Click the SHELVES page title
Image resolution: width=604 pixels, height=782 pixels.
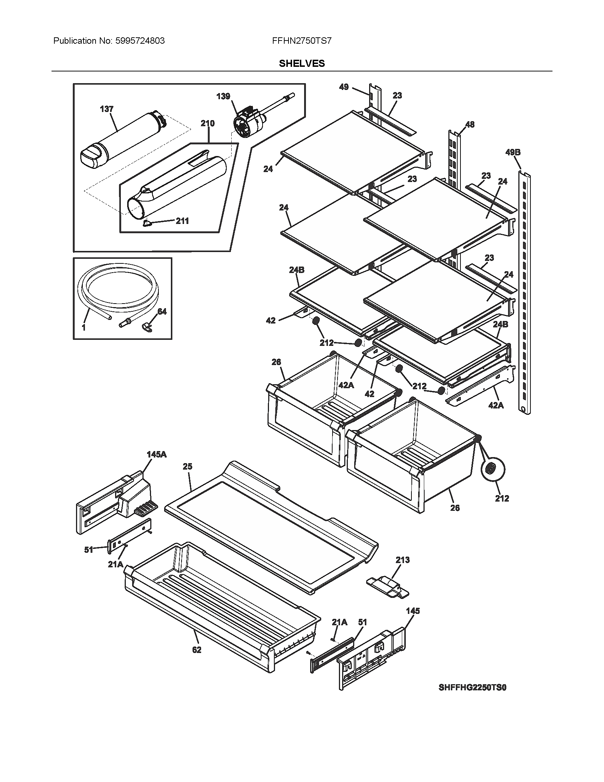pos(302,63)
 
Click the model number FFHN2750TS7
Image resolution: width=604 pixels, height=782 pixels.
pos(302,41)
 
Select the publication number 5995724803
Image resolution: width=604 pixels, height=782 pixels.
pos(140,41)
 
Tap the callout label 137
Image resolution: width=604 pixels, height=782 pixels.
pos(107,109)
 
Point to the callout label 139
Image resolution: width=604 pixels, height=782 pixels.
pos(223,96)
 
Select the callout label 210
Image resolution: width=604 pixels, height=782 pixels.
pos(207,124)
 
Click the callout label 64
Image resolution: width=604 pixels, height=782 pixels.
pos(162,311)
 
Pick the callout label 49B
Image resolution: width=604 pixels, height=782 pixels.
pos(513,152)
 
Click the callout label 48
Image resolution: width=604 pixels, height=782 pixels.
pos(470,124)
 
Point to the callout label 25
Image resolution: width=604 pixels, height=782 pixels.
pos(187,466)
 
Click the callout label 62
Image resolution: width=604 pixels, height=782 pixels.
pos(197,650)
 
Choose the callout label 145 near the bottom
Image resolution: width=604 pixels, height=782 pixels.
pos(412,610)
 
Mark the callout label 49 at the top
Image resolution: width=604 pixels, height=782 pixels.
pos(344,87)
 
